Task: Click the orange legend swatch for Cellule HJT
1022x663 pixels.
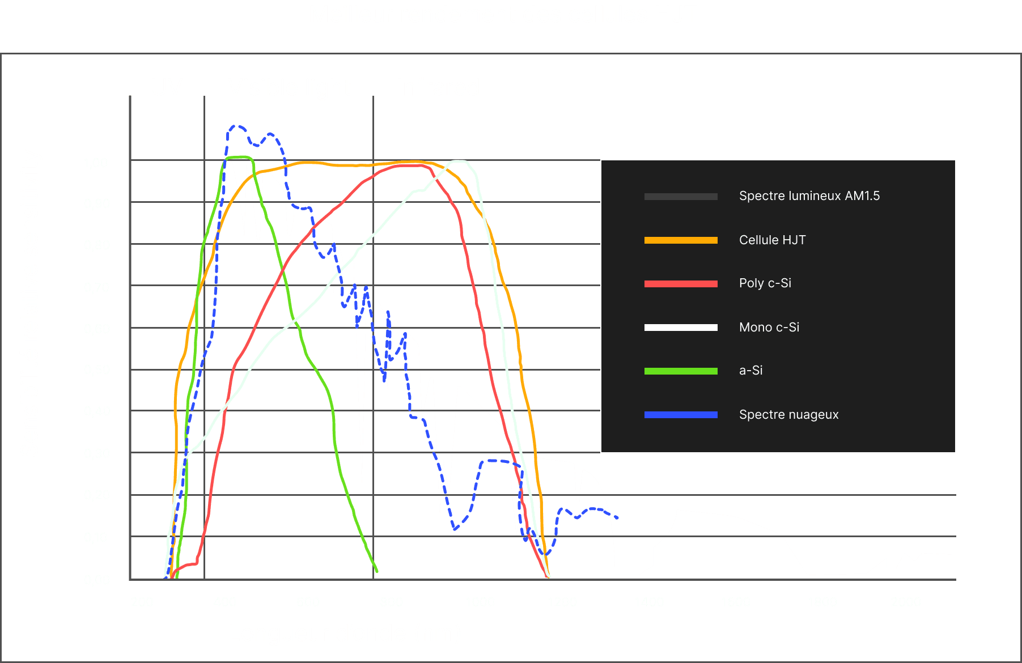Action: (x=681, y=240)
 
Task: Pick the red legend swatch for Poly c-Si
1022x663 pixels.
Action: (x=681, y=284)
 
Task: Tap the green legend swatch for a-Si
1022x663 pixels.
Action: (x=681, y=371)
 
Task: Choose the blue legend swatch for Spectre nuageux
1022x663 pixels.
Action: (x=681, y=415)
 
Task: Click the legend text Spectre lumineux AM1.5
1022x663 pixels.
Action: (x=809, y=196)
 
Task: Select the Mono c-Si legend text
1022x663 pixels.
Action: (x=769, y=328)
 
